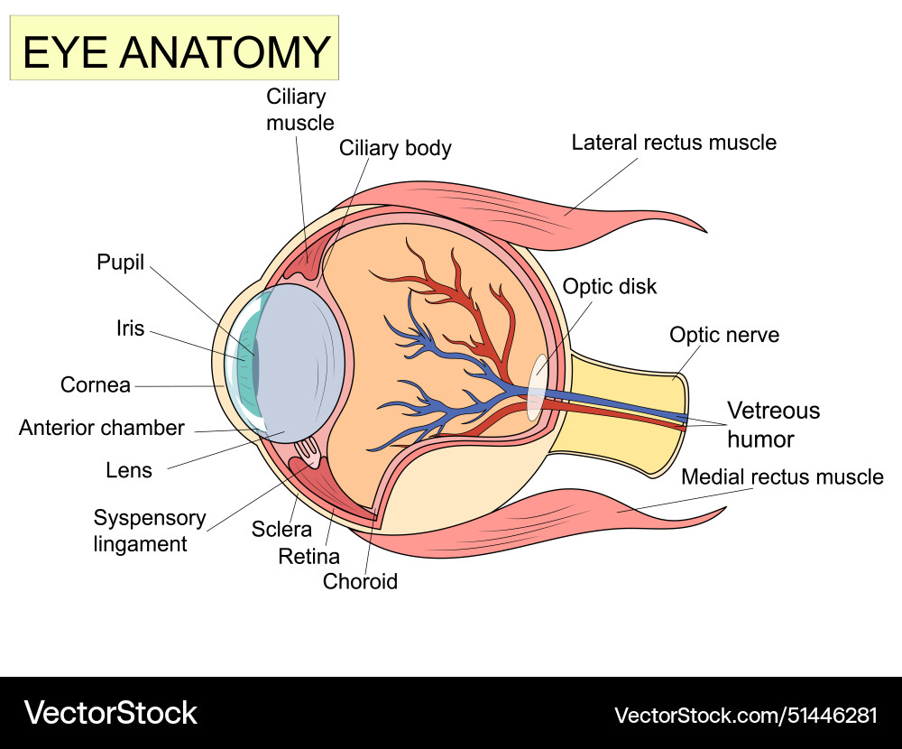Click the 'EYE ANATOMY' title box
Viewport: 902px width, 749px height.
click(174, 51)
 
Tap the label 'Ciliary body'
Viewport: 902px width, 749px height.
click(395, 148)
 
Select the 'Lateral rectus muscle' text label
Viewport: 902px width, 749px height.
click(673, 143)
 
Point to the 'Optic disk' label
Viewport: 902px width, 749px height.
click(609, 287)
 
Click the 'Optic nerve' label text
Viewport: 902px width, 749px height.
click(723, 336)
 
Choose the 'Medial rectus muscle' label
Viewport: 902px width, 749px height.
click(781, 476)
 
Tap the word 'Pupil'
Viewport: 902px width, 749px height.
click(120, 263)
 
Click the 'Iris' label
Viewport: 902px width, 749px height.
click(130, 328)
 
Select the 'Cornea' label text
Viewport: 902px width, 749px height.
click(95, 385)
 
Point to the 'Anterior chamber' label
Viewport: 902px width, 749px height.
click(101, 428)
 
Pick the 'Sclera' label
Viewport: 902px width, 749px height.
click(281, 530)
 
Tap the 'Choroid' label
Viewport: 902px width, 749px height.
click(360, 582)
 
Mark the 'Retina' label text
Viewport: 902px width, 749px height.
click(308, 556)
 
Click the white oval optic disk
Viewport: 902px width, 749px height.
click(537, 388)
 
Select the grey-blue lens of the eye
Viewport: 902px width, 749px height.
click(298, 361)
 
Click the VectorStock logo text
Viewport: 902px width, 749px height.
click(110, 713)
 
